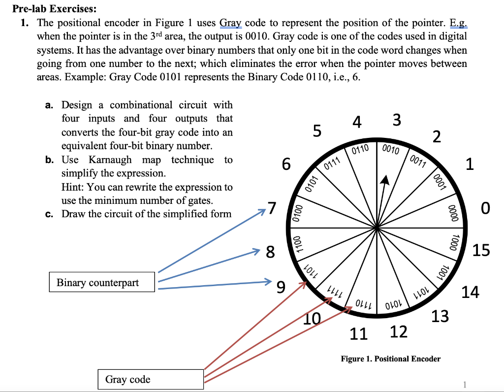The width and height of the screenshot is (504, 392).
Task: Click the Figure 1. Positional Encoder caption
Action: [390, 359]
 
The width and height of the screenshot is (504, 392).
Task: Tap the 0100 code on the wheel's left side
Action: [296, 213]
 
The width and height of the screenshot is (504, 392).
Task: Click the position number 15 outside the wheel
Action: [481, 250]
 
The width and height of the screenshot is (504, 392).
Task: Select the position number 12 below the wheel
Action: [399, 332]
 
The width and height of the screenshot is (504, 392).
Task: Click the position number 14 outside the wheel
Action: [470, 292]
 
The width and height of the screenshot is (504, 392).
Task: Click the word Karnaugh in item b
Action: [111, 160]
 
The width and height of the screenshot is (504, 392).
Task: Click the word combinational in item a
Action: [141, 105]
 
